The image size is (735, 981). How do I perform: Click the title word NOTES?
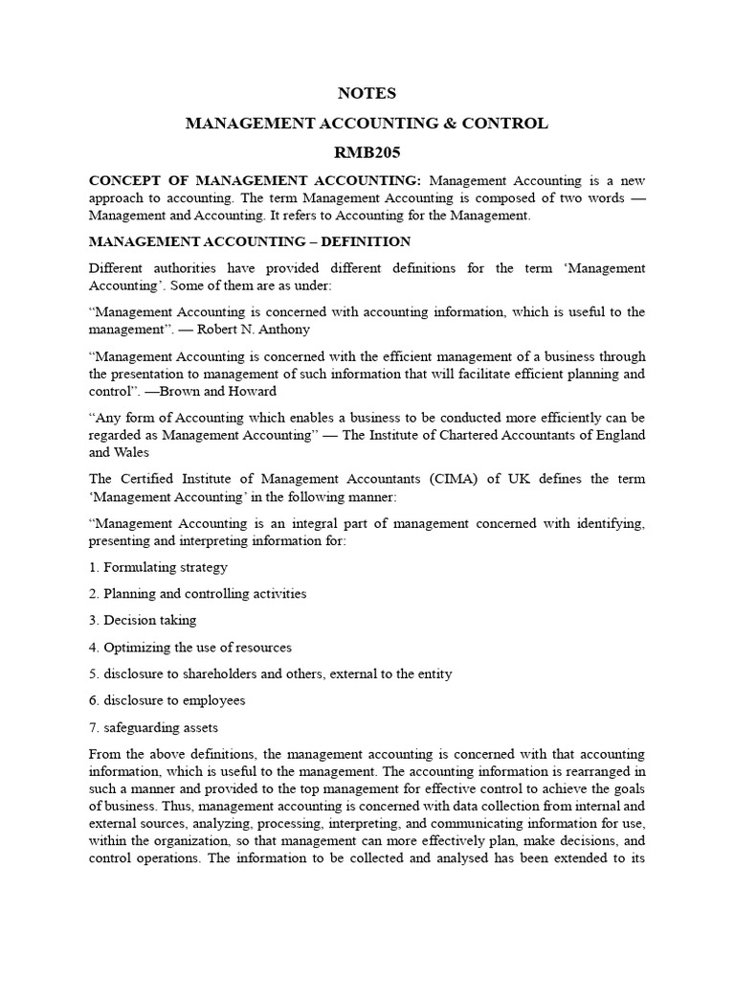click(367, 94)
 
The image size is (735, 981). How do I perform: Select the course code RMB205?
click(367, 152)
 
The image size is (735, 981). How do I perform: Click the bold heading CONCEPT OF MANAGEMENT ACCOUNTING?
click(256, 181)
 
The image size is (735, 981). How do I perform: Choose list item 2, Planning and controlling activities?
click(197, 594)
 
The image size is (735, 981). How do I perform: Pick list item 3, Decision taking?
click(143, 620)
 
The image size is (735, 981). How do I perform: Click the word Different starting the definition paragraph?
click(119, 268)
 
